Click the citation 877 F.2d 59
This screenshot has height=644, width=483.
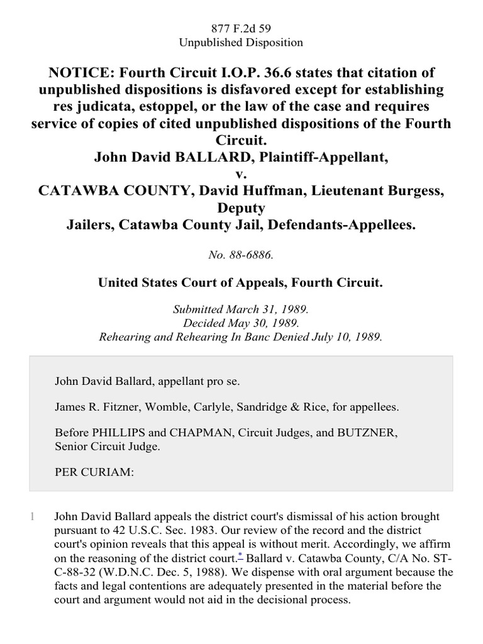pyautogui.click(x=241, y=28)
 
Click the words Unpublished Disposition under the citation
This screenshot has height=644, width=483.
pyautogui.click(x=241, y=43)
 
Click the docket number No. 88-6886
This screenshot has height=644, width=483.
pyautogui.click(x=241, y=256)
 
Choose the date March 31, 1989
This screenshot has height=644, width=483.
pyautogui.click(x=274, y=309)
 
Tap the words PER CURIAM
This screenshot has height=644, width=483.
pyautogui.click(x=94, y=472)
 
